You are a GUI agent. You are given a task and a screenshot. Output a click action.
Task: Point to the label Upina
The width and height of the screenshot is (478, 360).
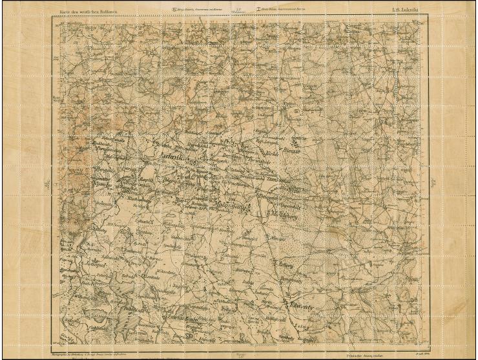click(x=287, y=104)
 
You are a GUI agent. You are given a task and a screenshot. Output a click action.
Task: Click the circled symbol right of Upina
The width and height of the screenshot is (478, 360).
click(x=297, y=111)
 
